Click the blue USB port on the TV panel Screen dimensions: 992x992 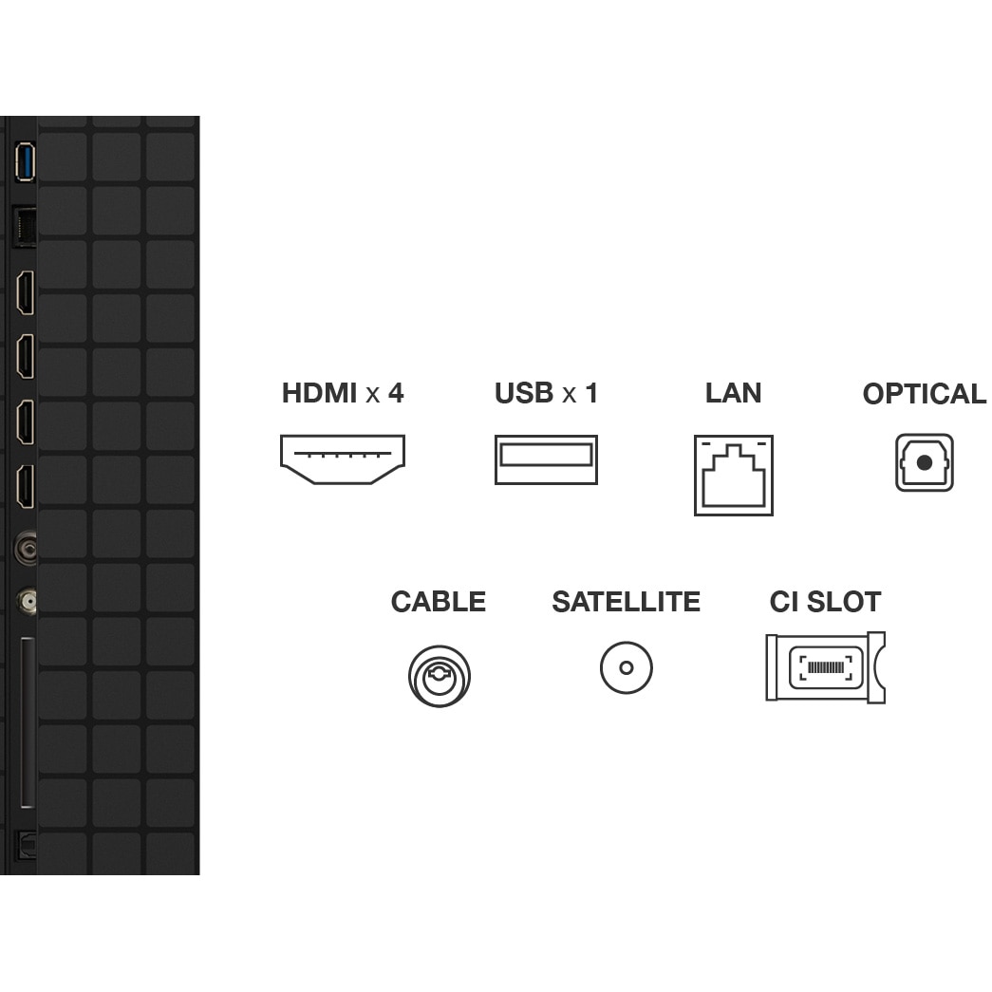[x=25, y=162]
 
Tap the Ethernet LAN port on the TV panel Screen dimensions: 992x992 [x=25, y=226]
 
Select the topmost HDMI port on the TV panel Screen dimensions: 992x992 [x=26, y=292]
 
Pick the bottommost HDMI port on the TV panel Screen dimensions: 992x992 [x=26, y=487]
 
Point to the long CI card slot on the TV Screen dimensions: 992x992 [x=28, y=722]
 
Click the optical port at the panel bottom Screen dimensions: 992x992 [x=26, y=845]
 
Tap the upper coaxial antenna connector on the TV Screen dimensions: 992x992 [x=27, y=548]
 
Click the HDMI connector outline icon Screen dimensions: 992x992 [x=343, y=459]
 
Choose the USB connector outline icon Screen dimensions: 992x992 [x=546, y=459]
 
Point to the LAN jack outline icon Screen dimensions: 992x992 [x=733, y=476]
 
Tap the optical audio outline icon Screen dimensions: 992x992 [x=925, y=462]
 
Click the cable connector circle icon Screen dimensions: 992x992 [x=440, y=676]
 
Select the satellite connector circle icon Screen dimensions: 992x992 [x=627, y=667]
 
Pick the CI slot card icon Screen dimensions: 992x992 [x=826, y=666]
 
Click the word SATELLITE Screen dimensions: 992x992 [x=627, y=601]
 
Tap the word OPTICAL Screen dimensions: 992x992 [x=925, y=394]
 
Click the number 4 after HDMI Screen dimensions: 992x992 [x=396, y=393]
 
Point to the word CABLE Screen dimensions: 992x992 [x=439, y=601]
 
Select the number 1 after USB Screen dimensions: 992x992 [x=591, y=393]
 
